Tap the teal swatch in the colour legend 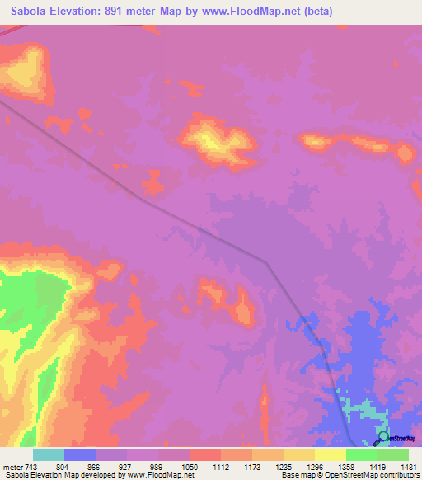click(49, 454)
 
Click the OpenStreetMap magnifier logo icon click(382, 437)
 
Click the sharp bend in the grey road click(265, 262)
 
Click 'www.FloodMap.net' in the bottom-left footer click(158, 475)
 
